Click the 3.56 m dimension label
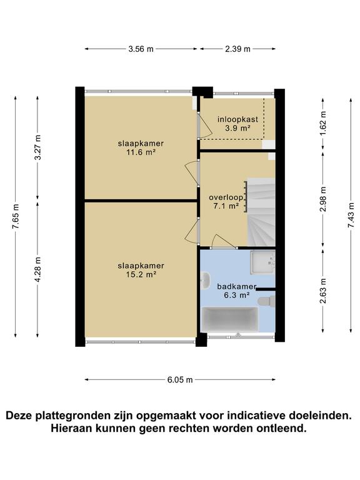141,49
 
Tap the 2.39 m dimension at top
237,49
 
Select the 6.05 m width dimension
179,379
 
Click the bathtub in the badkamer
229,319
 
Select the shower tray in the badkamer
262,262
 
